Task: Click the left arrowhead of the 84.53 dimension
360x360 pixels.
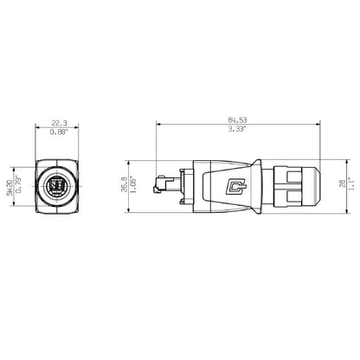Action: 159,128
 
